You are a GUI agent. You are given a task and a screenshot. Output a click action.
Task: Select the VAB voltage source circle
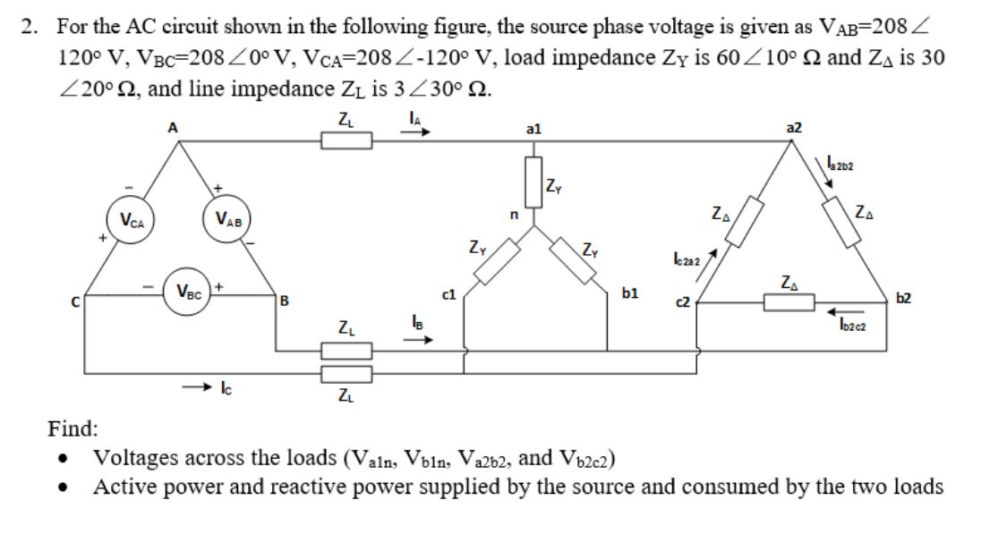pos(228,220)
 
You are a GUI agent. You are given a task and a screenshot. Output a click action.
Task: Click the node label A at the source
pos(173,127)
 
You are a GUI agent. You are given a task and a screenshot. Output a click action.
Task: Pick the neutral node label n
pos(515,215)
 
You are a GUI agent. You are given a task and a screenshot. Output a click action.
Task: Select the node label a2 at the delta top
pos(792,128)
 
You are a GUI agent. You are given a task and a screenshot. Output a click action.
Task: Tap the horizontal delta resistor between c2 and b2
pos(788,304)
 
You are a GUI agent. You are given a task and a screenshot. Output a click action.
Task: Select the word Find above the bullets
pos(73,429)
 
